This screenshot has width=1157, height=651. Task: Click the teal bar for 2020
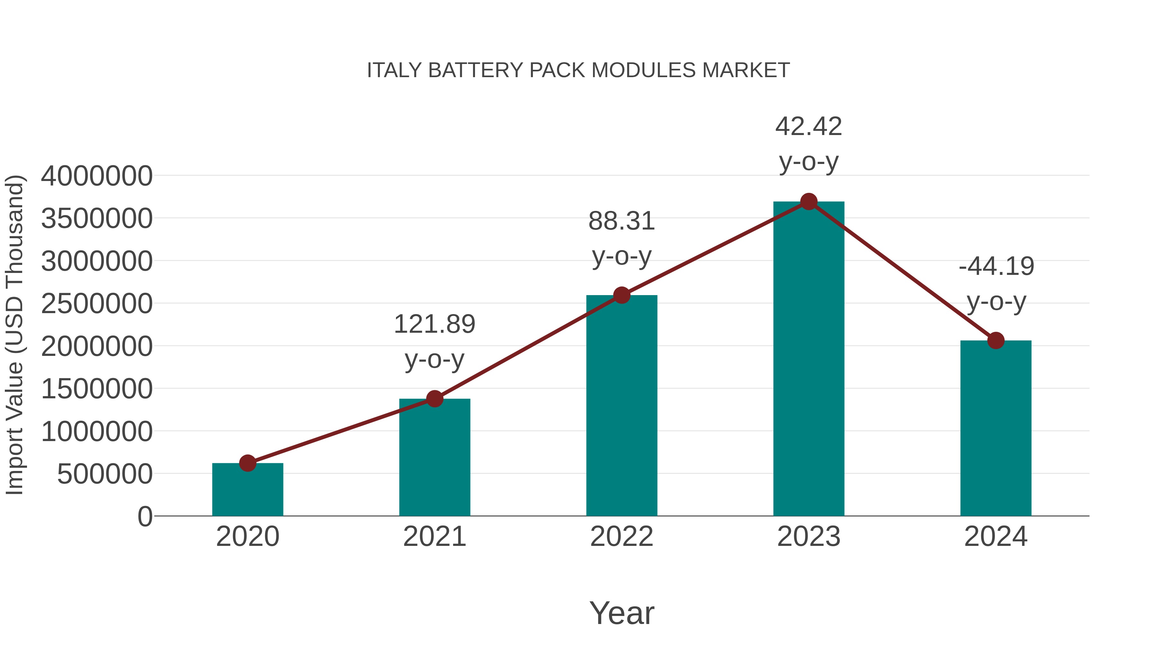pyautogui.click(x=247, y=490)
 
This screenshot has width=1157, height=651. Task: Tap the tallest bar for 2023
pyautogui.click(x=809, y=359)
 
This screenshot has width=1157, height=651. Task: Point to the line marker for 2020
pyautogui.click(x=247, y=463)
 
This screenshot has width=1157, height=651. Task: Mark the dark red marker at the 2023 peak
pyautogui.click(x=809, y=202)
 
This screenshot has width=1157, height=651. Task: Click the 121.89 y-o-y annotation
pyautogui.click(x=434, y=341)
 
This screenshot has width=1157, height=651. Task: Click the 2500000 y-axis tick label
pyautogui.click(x=96, y=304)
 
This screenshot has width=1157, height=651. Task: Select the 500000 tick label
pyautogui.click(x=105, y=474)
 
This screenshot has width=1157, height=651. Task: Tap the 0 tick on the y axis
pyautogui.click(x=145, y=517)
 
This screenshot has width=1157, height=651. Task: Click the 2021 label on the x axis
pyautogui.click(x=434, y=537)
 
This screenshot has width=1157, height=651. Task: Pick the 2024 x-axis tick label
pyautogui.click(x=996, y=537)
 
